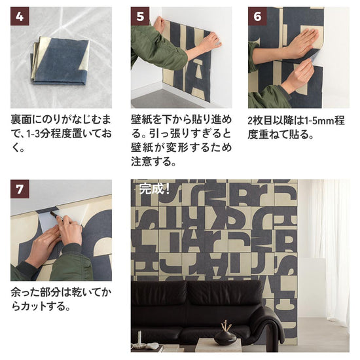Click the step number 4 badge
click(20, 17)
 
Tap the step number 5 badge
click(139, 17)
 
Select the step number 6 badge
click(257, 17)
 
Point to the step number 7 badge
click(20, 190)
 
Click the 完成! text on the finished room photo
click(155, 190)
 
